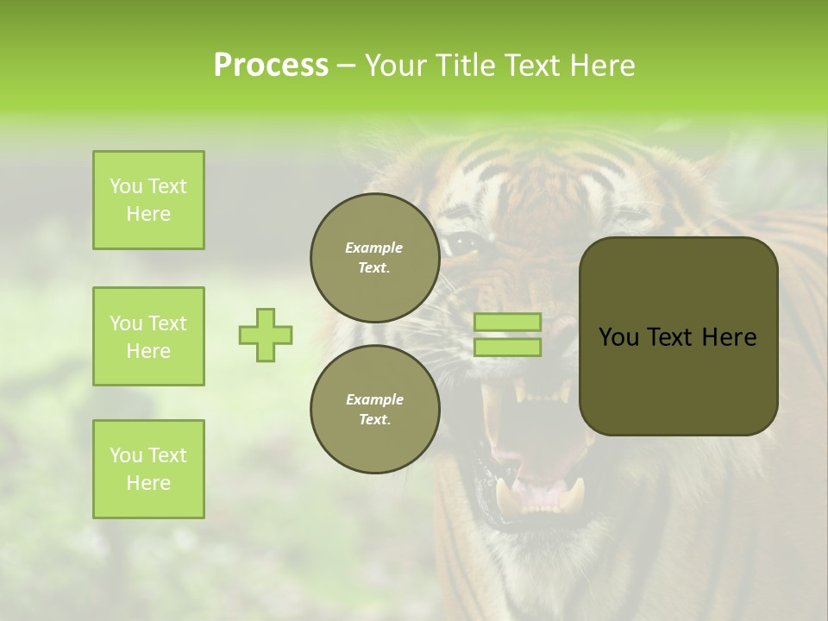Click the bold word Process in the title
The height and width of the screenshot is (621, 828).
[x=271, y=66]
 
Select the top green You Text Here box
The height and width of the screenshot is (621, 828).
[x=148, y=200]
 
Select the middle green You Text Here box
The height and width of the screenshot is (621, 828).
[x=148, y=336]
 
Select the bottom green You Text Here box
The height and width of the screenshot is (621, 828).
[x=148, y=469]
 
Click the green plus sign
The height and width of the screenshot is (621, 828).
[x=266, y=335]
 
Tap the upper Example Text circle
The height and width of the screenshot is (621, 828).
[x=374, y=258]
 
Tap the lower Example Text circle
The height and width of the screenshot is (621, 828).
[x=374, y=410]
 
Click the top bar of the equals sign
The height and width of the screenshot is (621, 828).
[x=508, y=322]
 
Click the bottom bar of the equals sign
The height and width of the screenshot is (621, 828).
[x=508, y=348]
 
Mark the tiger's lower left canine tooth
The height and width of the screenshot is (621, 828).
[x=507, y=499]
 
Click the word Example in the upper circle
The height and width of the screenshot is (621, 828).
[x=374, y=248]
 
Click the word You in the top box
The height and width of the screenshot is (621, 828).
[x=126, y=186]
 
